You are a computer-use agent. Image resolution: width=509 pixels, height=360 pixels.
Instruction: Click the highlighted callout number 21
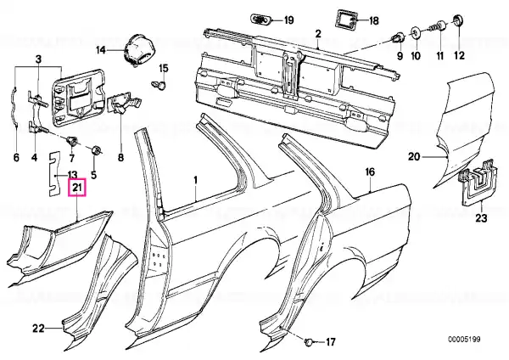tap(76, 188)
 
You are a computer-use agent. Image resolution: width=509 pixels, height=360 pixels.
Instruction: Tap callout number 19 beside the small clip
tap(288, 20)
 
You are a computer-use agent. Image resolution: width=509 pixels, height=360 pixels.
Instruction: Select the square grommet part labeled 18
tap(346, 20)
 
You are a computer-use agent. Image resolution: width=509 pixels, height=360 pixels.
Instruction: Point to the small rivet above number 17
tap(309, 342)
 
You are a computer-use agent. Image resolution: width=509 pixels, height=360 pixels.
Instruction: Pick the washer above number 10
tap(415, 33)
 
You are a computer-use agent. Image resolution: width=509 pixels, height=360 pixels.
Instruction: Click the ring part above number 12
tap(459, 20)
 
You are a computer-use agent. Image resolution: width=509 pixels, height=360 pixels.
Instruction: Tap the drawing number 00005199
tap(464, 340)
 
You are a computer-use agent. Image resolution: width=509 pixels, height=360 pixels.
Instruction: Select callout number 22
tap(38, 329)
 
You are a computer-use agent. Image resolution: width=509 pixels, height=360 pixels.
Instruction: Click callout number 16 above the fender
tap(370, 172)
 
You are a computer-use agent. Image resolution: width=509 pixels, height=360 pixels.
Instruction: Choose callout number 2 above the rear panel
tap(318, 33)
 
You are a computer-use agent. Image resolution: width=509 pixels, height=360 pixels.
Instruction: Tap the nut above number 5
tap(96, 150)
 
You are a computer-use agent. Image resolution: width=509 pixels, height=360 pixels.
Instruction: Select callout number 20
tap(414, 156)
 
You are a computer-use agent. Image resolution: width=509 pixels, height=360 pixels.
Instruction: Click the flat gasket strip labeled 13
tap(53, 174)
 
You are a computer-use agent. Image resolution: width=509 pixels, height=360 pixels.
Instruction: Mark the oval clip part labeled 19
tap(261, 20)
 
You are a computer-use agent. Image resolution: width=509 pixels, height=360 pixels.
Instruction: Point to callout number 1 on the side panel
tap(195, 180)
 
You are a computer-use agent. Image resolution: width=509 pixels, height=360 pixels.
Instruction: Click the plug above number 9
tap(398, 37)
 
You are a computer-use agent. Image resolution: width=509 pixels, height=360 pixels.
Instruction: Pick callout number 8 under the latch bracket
tap(120, 158)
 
